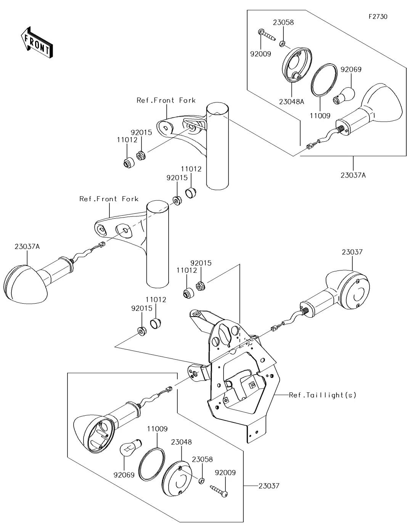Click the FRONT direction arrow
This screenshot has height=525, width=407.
coord(36,43)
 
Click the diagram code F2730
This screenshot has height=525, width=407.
coord(378,17)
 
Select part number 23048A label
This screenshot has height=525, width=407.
coord(291,102)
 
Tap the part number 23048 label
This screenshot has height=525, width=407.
coord(181,442)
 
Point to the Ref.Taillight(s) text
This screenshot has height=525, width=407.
coord(322,395)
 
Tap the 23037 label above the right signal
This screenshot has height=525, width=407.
coord(352,252)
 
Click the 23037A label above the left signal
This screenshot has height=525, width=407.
coord(27,246)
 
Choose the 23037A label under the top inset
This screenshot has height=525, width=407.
coord(353,176)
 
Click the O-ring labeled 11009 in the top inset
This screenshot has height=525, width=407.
coord(324,81)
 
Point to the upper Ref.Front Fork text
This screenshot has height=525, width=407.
coord(166,100)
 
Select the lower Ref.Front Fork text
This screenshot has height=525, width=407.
coord(109,199)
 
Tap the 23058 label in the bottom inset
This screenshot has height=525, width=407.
coord(202,459)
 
